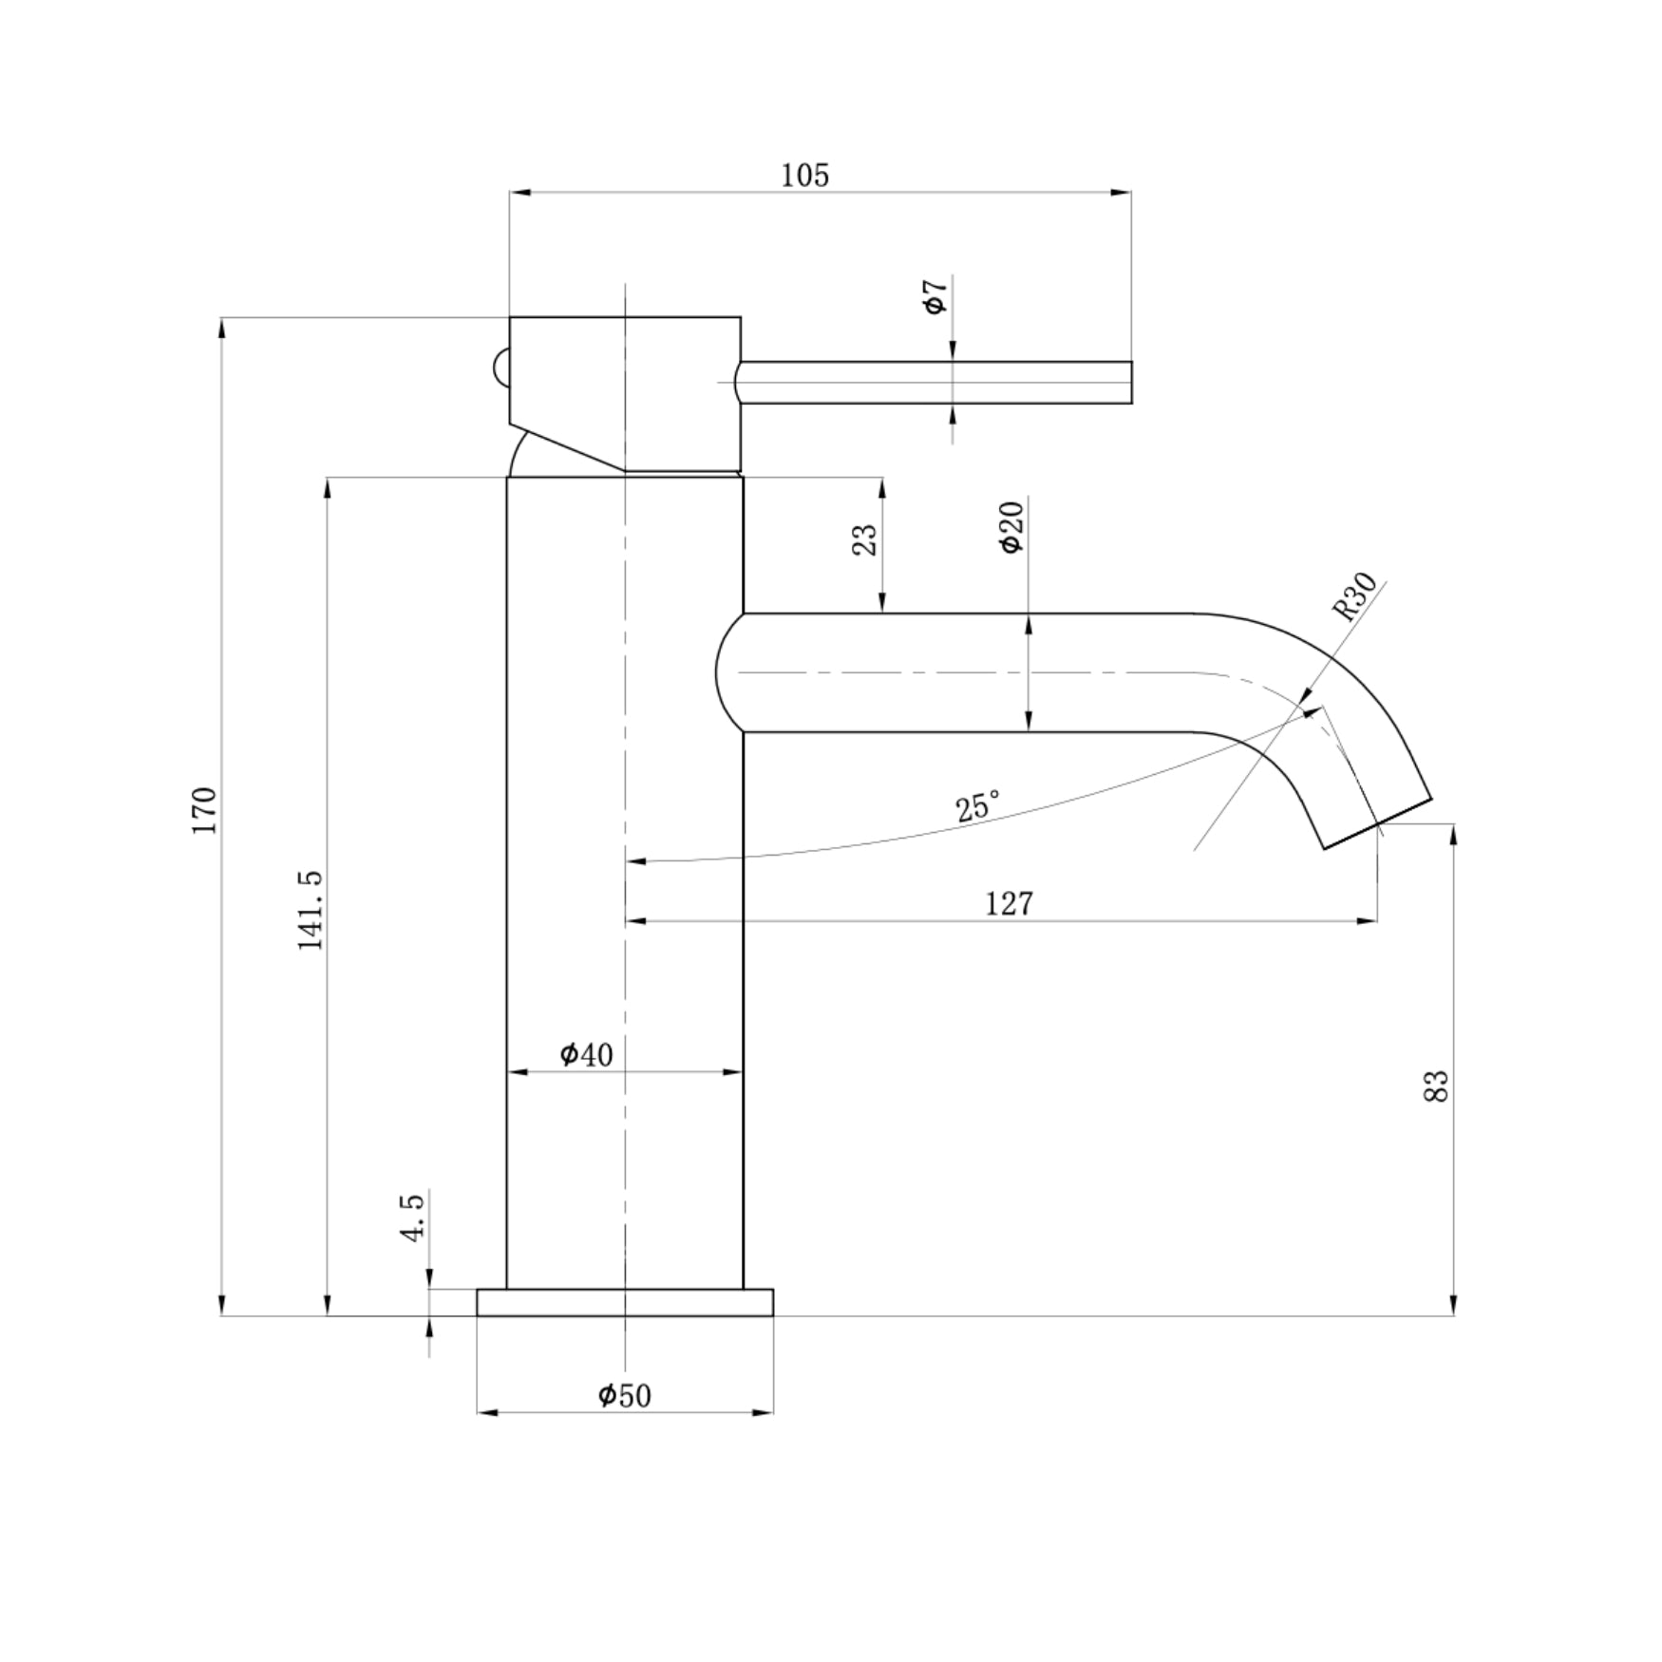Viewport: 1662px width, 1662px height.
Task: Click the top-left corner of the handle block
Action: tap(510, 317)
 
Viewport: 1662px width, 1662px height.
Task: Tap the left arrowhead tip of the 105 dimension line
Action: tap(510, 193)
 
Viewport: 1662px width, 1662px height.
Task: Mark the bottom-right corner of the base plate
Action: tap(773, 1315)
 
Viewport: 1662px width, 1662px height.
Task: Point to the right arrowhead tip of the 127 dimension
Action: tap(1377, 920)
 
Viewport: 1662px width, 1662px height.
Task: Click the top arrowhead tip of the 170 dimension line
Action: tap(221, 318)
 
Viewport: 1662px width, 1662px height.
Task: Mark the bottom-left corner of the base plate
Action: tap(477, 1315)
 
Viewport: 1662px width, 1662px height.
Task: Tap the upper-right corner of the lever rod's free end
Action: tap(1132, 361)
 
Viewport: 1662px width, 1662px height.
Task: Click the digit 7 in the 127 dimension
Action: tap(1024, 902)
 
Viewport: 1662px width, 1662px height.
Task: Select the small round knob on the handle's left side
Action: tap(500, 368)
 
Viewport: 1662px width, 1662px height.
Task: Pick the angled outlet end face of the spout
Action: tap(1378, 822)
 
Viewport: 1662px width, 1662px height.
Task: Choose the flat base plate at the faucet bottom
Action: tap(625, 1302)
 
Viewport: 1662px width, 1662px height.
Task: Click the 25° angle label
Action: tap(977, 805)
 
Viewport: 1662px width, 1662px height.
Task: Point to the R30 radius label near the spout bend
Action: tap(1355, 596)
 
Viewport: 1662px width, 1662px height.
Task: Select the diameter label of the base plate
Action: tap(625, 1395)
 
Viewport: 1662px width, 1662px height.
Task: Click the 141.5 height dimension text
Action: tap(311, 910)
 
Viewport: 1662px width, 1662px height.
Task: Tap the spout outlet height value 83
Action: tap(1437, 1086)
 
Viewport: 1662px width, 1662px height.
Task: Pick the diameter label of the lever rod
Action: tap(935, 296)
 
